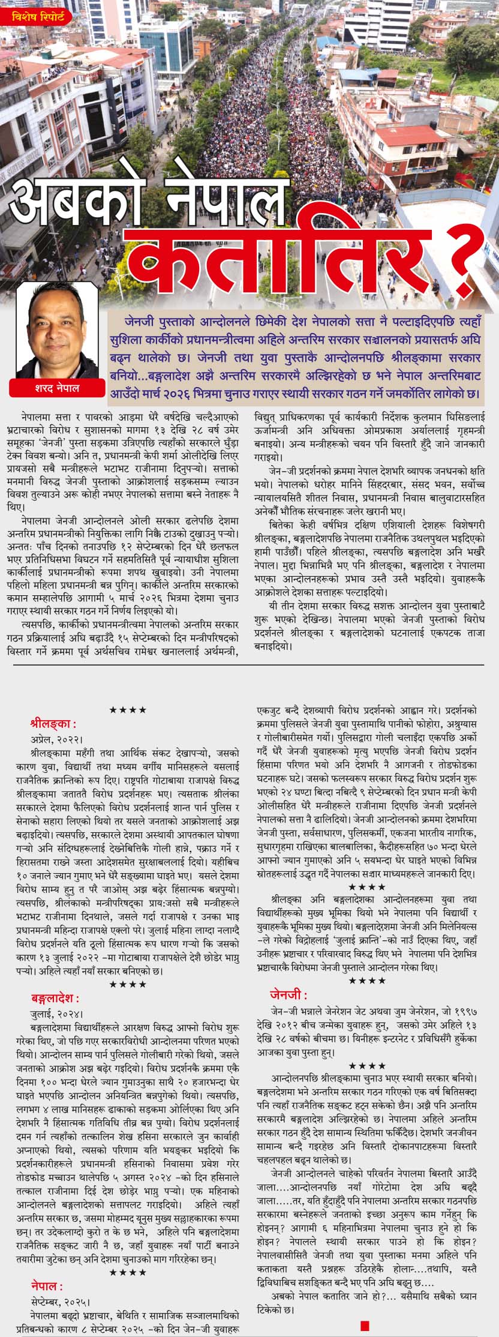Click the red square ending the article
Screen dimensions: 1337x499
click(365, 1321)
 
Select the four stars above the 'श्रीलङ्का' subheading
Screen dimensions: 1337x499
click(128, 710)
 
